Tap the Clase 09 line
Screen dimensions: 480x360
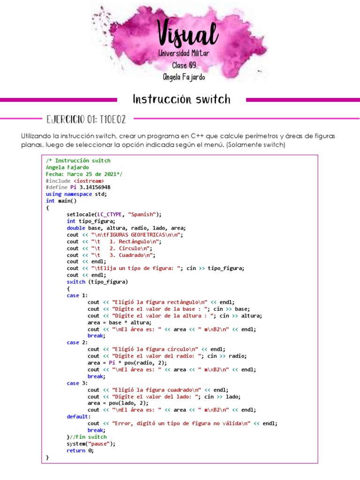point(184,65)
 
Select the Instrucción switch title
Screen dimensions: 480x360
point(181,99)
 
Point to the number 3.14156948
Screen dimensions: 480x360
point(95,187)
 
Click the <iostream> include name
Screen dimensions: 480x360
point(89,180)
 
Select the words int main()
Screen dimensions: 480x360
point(61,201)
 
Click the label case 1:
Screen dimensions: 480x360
point(77,295)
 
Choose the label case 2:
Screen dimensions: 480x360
point(77,343)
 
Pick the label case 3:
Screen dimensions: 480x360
point(77,383)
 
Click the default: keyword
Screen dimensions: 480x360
point(79,416)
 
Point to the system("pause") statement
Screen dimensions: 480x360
point(90,443)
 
